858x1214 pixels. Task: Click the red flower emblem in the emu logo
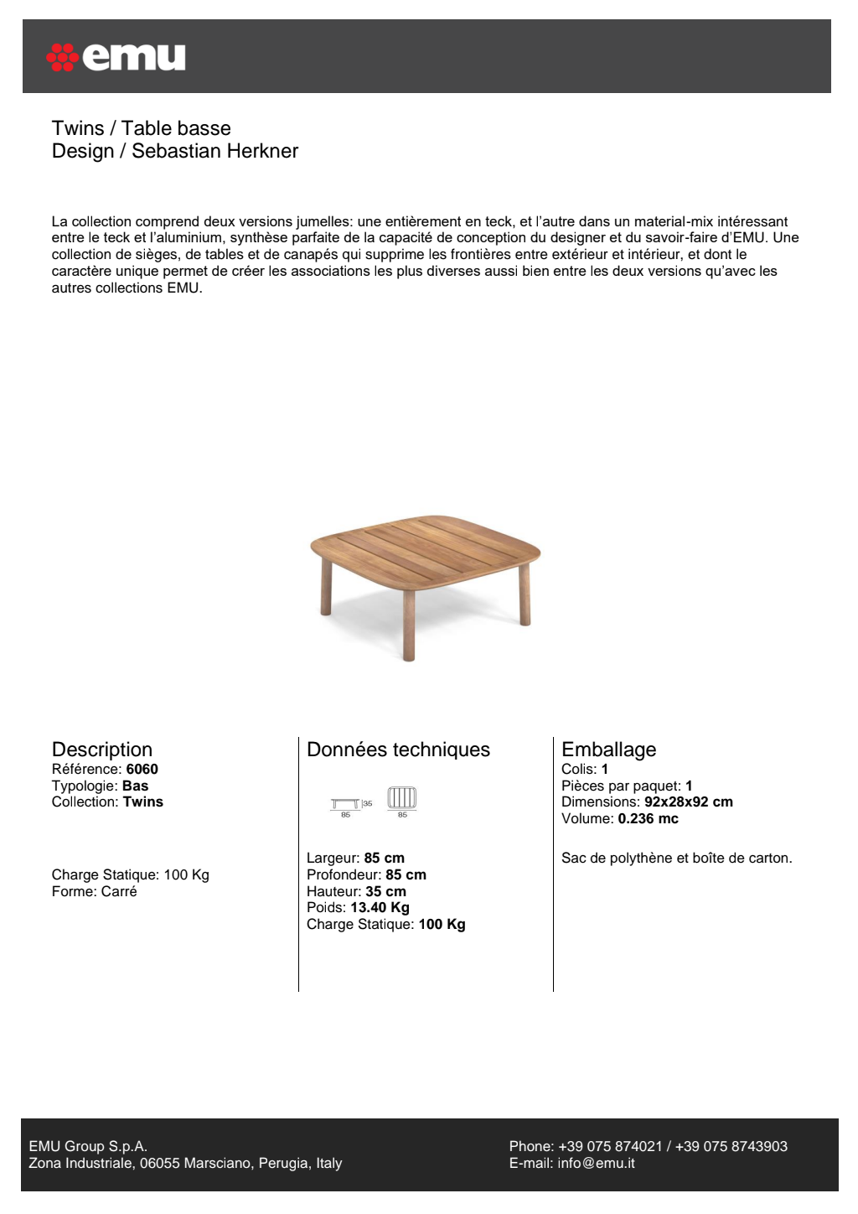(x=62, y=57)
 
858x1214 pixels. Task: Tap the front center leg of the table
(x=409, y=625)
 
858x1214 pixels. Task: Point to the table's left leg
(x=326, y=587)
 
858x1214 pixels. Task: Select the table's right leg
(x=525, y=595)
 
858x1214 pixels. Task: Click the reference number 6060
(x=142, y=769)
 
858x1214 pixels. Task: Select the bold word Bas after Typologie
(x=135, y=786)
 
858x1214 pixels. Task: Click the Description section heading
(x=102, y=749)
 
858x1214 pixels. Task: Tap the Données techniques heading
(x=398, y=749)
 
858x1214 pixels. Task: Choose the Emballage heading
(x=608, y=749)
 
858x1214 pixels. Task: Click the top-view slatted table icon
(x=401, y=798)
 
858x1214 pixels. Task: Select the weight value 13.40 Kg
(x=380, y=907)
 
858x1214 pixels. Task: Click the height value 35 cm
(x=385, y=891)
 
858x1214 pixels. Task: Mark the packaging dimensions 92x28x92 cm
(x=688, y=802)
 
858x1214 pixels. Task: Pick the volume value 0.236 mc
(x=648, y=818)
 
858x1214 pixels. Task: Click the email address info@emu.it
(x=596, y=1163)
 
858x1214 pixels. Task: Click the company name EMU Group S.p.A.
(x=88, y=1146)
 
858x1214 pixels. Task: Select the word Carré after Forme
(x=119, y=891)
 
